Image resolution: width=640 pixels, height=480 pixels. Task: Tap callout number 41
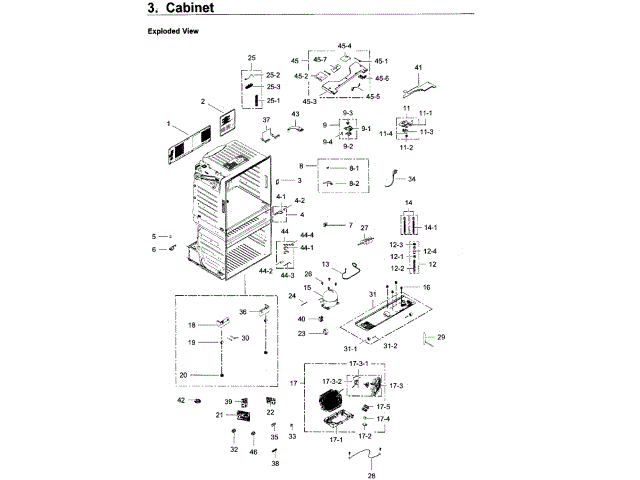point(420,68)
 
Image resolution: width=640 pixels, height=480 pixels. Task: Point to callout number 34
point(411,179)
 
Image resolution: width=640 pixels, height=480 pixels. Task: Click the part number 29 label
point(441,337)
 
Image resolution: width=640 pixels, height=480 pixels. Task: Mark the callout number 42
point(181,400)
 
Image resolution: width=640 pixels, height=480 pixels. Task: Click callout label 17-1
point(335,438)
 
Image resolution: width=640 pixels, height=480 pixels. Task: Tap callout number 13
point(325,262)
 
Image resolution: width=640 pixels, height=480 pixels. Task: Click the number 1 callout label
point(169,125)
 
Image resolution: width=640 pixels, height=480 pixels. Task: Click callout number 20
point(183,375)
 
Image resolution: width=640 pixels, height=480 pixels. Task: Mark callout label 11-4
point(385,134)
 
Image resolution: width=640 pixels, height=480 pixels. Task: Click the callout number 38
point(275,464)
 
